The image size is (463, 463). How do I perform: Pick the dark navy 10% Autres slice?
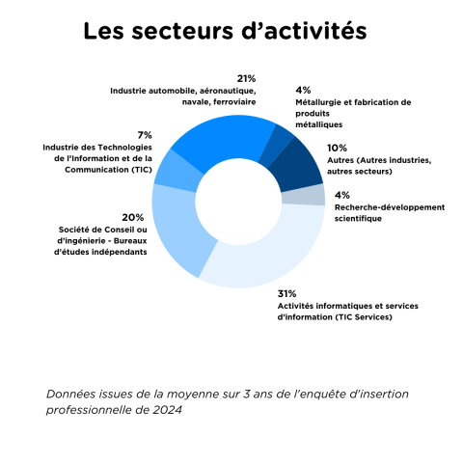[x=297, y=166]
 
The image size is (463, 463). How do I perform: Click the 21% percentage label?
[x=246, y=78]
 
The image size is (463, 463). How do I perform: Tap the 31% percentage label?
[x=286, y=293]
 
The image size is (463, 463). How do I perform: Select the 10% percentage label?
[x=337, y=148]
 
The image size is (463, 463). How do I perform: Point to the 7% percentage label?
[x=145, y=135]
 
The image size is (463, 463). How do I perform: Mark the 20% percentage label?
[x=133, y=218]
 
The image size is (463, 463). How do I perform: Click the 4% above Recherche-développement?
[x=342, y=195]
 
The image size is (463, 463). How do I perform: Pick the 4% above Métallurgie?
[x=303, y=90]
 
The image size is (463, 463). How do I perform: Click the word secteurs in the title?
[x=182, y=32]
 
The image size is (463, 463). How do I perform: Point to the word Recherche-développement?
[x=390, y=207]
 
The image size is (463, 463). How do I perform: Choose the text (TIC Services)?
[x=364, y=317]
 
